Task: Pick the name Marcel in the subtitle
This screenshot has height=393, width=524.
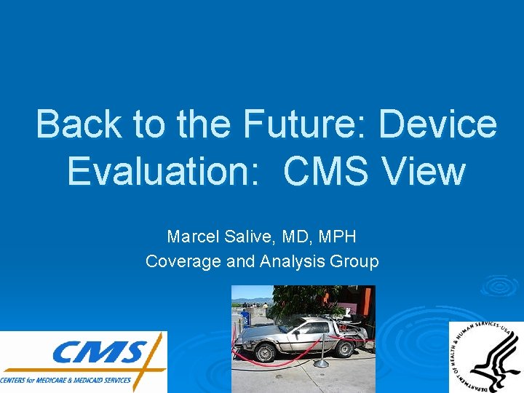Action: point(191,237)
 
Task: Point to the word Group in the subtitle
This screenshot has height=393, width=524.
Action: point(354,261)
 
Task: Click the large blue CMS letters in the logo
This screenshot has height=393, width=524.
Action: point(98,355)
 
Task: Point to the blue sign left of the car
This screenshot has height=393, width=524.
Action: point(245,318)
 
